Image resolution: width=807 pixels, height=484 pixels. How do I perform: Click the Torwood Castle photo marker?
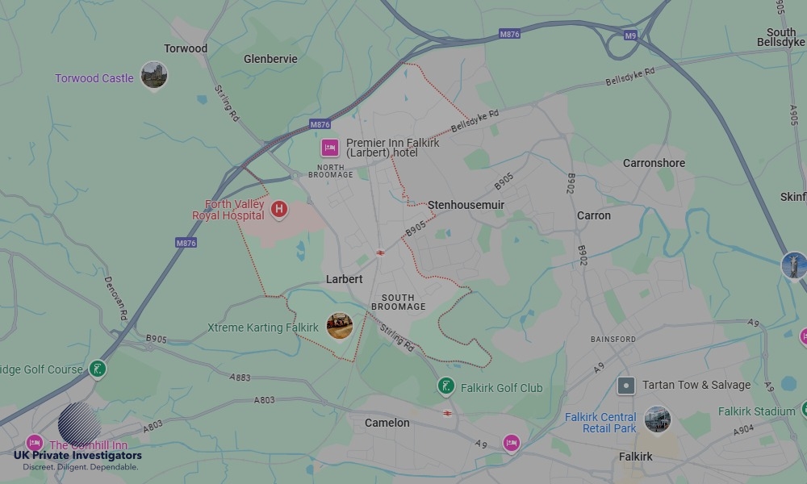(153, 75)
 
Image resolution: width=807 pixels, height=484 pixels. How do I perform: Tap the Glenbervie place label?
(270, 59)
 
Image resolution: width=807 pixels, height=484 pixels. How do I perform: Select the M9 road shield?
(630, 35)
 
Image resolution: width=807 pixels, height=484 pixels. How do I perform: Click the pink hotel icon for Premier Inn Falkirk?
(329, 148)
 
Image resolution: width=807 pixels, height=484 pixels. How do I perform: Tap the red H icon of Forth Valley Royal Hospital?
(279, 210)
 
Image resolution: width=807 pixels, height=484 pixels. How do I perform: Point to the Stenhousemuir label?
(466, 205)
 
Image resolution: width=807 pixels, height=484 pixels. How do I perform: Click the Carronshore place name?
(654, 163)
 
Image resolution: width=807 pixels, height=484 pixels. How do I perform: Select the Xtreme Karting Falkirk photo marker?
(339, 326)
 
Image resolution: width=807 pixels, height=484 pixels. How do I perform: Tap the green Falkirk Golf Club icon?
(445, 387)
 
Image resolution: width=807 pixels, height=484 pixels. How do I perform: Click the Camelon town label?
(387, 423)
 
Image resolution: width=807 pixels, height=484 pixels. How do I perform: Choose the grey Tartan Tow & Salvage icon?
(625, 385)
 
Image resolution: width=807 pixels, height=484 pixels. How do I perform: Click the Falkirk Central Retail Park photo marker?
(657, 419)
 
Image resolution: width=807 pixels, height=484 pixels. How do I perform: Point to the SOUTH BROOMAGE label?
(398, 302)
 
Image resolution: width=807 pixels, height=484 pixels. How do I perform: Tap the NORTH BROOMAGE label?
(330, 171)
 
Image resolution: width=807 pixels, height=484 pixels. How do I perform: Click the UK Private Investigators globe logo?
(79, 423)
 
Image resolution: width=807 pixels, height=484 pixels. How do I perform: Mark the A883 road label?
(240, 377)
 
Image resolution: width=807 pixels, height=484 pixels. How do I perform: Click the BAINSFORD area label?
(613, 340)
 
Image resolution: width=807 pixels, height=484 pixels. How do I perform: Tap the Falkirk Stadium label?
(756, 411)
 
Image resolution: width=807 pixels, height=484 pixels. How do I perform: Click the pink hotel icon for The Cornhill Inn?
(35, 443)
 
